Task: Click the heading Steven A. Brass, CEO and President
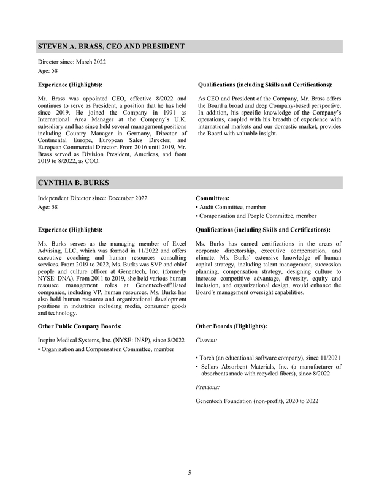(x=111, y=47)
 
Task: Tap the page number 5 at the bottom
(x=189, y=472)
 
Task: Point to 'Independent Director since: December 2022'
(x=92, y=198)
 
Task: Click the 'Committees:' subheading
(x=213, y=198)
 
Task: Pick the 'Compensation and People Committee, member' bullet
(x=256, y=216)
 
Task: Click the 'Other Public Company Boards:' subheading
(x=80, y=326)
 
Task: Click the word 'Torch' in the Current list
(x=209, y=357)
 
